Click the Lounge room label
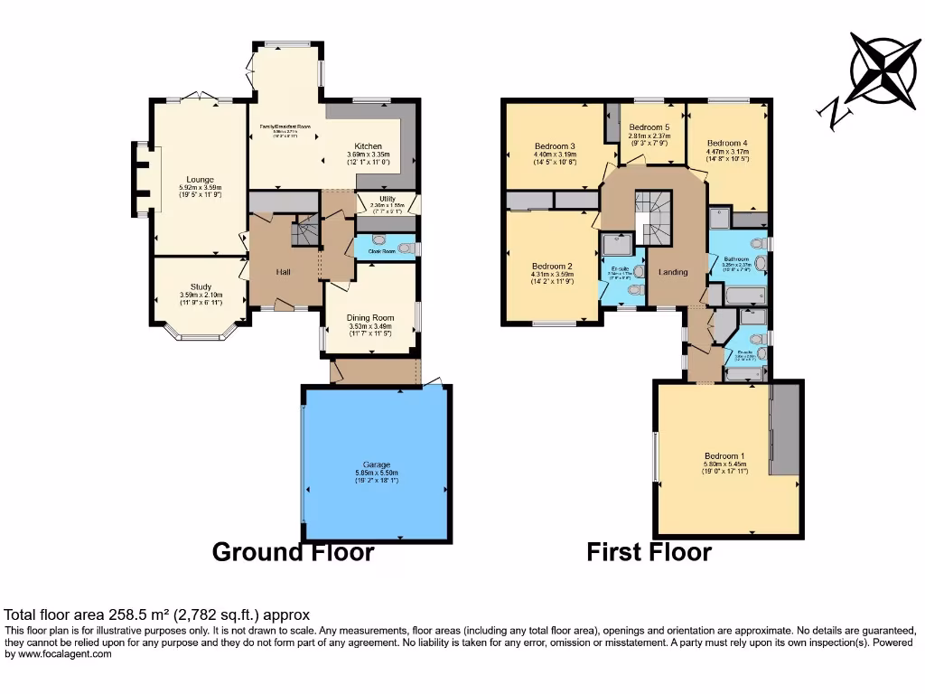tap(200, 179)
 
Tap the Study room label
tap(200, 286)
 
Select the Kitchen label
tap(368, 146)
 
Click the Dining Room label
tap(371, 318)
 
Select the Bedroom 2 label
tap(552, 267)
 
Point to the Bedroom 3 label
tap(555, 146)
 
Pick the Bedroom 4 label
tap(727, 144)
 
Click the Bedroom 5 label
tap(649, 127)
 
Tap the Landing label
tap(673, 272)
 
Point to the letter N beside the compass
tap(834, 112)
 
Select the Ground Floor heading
tap(293, 552)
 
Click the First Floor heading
tap(649, 552)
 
